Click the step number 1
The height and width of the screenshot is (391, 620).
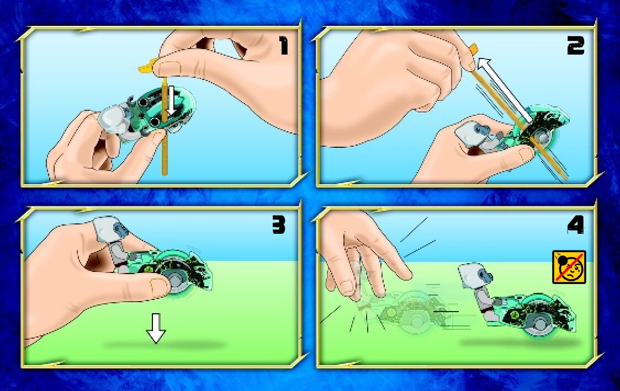pos(284,45)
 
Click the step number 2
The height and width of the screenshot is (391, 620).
pos(575,46)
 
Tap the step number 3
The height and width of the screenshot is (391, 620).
pos(279,226)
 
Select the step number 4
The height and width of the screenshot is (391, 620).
pos(576,226)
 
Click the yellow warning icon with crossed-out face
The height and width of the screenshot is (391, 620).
pos(569,267)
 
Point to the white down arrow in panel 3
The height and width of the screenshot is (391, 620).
pos(156,328)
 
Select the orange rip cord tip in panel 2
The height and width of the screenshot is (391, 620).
pos(473,50)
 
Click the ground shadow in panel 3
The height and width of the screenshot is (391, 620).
pos(164,345)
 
